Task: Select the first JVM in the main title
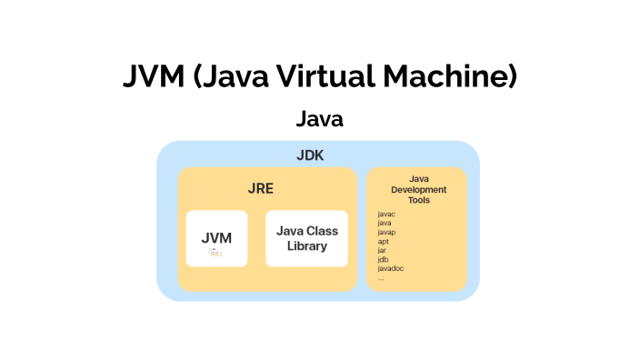(153, 77)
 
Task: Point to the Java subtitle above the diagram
(319, 119)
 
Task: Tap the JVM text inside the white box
(216, 238)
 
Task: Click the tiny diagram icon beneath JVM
(215, 253)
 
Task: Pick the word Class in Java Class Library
(322, 231)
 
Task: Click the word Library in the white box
(306, 246)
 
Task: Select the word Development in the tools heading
(419, 189)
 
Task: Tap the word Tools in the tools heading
(419, 199)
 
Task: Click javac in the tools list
(386, 214)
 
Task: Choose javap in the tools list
(386, 232)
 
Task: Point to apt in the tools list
(383, 241)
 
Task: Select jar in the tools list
(382, 250)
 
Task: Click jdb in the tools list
(383, 259)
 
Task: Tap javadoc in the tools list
(390, 268)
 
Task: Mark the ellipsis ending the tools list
(381, 278)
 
